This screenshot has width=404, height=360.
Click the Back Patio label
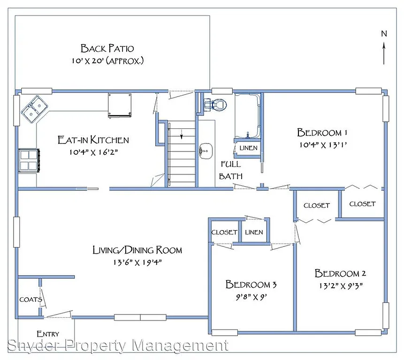tap(107, 48)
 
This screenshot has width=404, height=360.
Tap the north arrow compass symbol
tap(384, 47)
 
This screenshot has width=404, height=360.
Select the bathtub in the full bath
tap(247, 116)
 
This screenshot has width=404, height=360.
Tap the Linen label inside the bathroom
tap(248, 148)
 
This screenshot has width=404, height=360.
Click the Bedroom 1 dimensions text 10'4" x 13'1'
tap(322, 144)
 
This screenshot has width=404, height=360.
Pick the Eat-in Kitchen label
tap(93, 140)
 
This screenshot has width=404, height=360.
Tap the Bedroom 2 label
tap(340, 273)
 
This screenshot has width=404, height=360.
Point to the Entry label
tap(48, 334)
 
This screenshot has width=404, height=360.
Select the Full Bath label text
tap(231, 170)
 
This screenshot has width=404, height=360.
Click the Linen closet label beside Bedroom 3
tap(254, 232)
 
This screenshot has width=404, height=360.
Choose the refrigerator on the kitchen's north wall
tap(120, 104)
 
